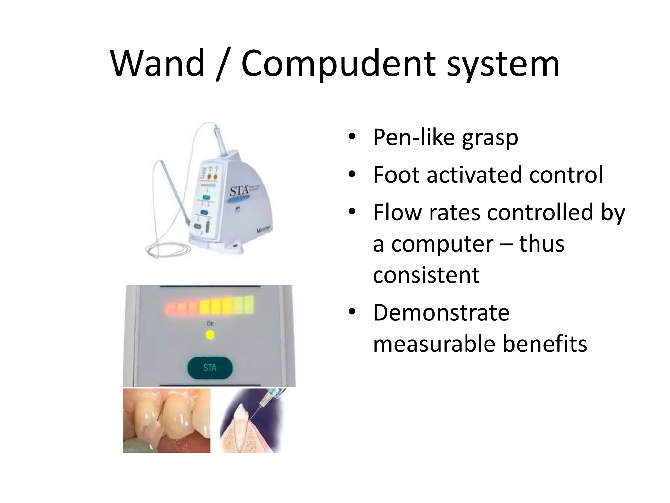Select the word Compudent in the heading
338,64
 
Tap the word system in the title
503,64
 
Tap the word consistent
426,275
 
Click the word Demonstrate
441,313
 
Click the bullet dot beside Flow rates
352,212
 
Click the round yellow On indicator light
210,335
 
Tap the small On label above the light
210,324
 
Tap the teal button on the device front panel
206,197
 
